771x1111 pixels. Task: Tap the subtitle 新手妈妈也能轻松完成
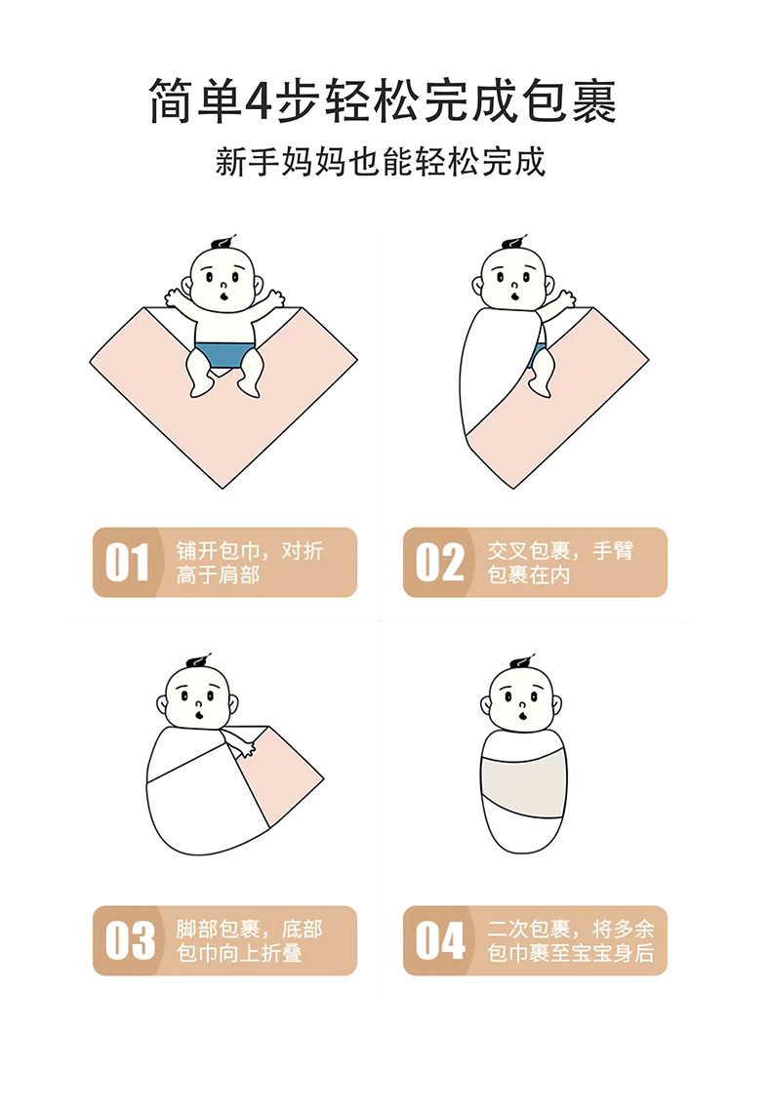pos(381,162)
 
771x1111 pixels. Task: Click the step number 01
pos(127,563)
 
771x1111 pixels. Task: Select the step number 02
pos(439,563)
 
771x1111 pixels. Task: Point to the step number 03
pos(129,941)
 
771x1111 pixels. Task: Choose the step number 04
pos(440,941)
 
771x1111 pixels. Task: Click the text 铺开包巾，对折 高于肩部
pos(249,563)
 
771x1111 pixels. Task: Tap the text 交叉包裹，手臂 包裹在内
pos(560,563)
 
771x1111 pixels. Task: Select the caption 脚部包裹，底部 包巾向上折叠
pos(249,941)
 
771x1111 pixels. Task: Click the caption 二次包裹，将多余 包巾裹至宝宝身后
pos(571,941)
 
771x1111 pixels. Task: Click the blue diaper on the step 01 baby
pos(223,356)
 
